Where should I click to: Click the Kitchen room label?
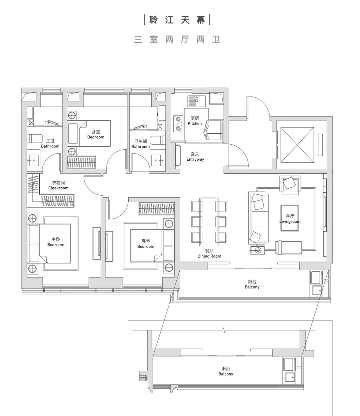(195, 121)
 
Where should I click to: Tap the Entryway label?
(195, 157)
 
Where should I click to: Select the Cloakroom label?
(58, 185)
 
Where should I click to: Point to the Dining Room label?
(209, 253)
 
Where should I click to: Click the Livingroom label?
(290, 219)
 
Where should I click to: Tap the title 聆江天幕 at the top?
(177, 20)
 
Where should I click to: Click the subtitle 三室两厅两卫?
(177, 40)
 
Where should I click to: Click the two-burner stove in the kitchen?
(178, 123)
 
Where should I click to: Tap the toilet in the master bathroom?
(34, 138)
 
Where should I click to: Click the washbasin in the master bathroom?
(33, 161)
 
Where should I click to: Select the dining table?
(209, 221)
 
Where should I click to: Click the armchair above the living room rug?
(290, 184)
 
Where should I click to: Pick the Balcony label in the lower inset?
(226, 371)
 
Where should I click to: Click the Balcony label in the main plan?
(252, 284)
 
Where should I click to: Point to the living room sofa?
(259, 218)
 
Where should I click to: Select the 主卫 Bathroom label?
(50, 144)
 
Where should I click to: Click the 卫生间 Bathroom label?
(141, 144)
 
